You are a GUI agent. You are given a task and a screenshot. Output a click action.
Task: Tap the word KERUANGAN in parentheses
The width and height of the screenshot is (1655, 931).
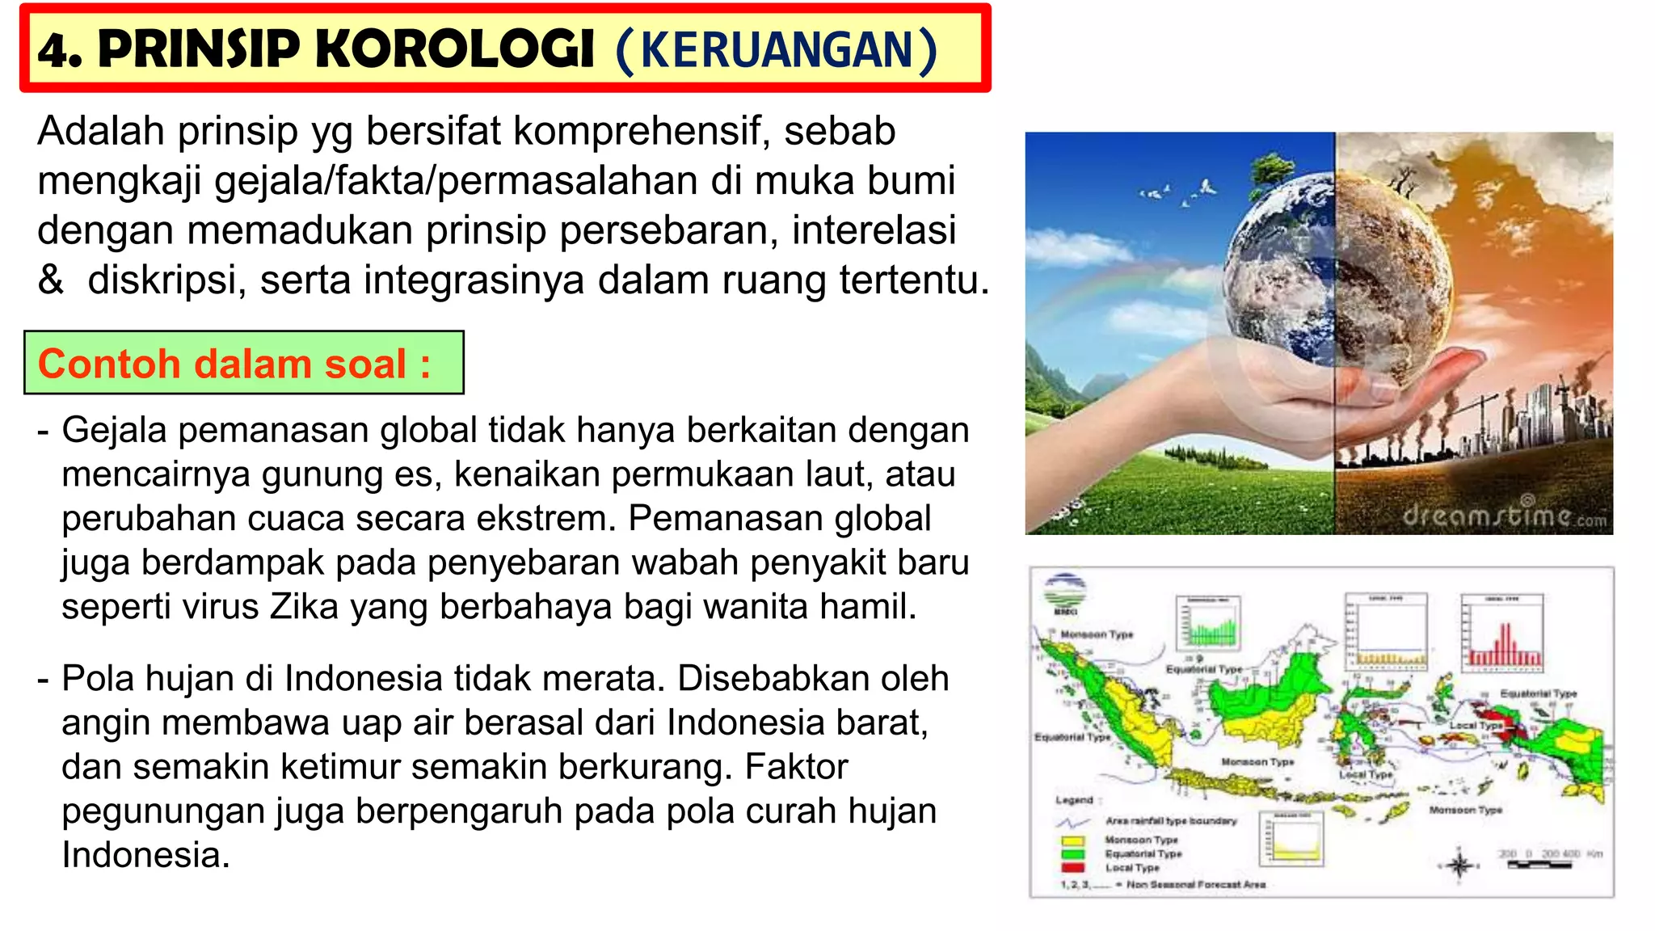point(777,51)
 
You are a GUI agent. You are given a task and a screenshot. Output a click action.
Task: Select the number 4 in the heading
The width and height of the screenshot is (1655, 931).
point(54,51)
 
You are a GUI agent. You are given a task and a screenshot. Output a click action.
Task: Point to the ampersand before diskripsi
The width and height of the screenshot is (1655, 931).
point(50,280)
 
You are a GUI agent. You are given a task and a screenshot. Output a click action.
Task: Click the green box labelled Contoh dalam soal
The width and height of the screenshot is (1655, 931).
point(243,363)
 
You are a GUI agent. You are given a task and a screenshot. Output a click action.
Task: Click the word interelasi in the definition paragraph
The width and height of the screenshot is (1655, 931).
point(874,230)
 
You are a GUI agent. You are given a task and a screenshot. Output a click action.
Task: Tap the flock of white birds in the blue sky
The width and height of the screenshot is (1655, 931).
point(1180,192)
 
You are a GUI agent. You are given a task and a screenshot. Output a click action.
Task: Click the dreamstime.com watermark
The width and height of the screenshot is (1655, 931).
point(1504,515)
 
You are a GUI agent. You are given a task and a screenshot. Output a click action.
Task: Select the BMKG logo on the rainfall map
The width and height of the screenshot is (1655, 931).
point(1065,594)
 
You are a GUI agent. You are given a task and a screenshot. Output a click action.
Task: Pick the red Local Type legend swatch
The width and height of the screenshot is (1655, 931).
point(1072,867)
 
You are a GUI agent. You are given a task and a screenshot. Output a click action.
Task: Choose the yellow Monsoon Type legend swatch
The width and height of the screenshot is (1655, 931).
point(1072,840)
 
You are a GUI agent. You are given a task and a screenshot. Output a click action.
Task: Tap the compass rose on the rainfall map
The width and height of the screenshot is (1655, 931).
point(1459,866)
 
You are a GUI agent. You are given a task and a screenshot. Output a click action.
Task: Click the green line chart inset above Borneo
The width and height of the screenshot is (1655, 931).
point(1208,624)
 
